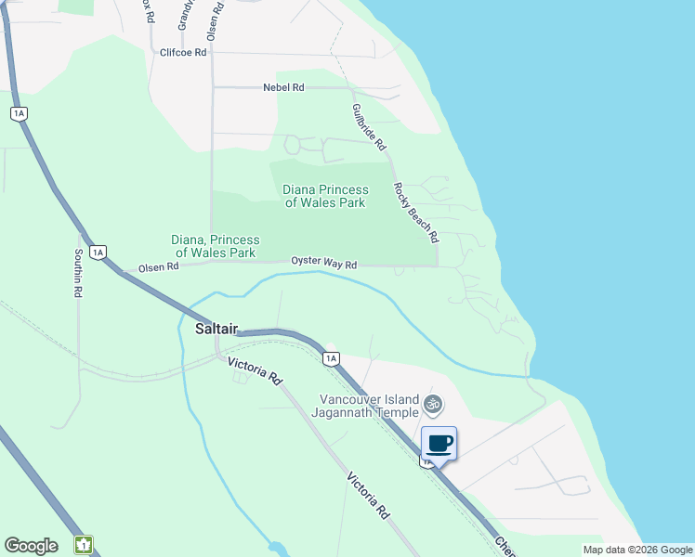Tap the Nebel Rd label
coord(283,87)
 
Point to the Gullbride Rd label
coord(369,127)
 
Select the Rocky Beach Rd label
coord(415,213)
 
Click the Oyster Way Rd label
coord(324,264)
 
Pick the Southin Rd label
coord(79,273)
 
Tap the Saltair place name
coord(216,330)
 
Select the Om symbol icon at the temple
coord(432,404)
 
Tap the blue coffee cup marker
coord(439,443)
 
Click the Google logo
coord(31,546)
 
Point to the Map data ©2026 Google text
coord(637,550)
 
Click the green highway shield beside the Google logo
coord(85,545)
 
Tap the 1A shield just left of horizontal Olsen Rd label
coord(99,252)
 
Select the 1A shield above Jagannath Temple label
coord(330,357)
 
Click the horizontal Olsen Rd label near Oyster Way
coord(158,267)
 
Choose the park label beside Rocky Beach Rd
coord(325,196)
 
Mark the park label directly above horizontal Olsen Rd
coord(215,246)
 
